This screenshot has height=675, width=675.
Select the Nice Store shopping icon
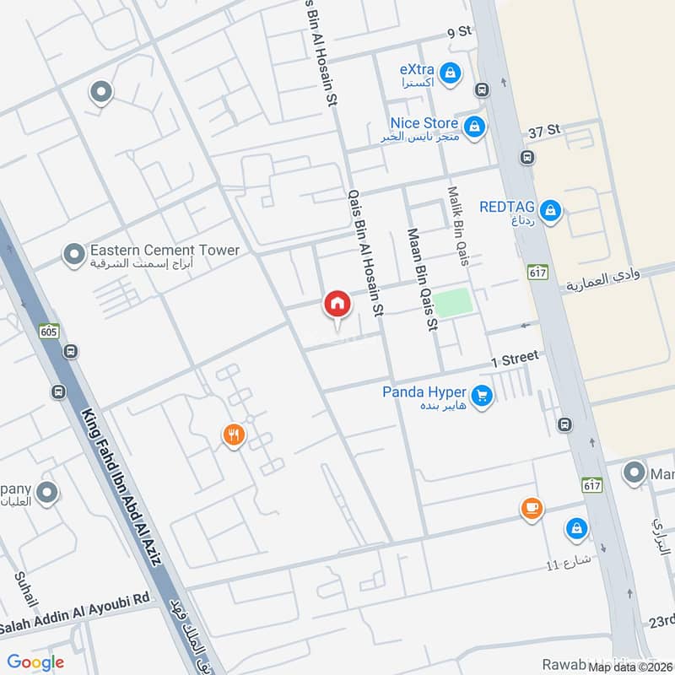pyautogui.click(x=475, y=127)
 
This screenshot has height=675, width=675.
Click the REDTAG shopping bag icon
pyautogui.click(x=550, y=209)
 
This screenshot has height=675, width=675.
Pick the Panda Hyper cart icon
pyautogui.click(x=482, y=395)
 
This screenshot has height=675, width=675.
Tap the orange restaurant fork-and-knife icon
pyautogui.click(x=234, y=435)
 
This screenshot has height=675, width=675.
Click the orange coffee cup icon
pyautogui.click(x=531, y=508)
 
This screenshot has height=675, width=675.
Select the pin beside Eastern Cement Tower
pyautogui.click(x=74, y=252)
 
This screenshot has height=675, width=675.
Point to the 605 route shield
pyautogui.click(x=49, y=332)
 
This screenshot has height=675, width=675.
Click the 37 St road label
pyautogui.click(x=544, y=131)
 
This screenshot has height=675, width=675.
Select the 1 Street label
pyautogui.click(x=515, y=359)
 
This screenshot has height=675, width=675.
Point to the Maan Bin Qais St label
pyautogui.click(x=423, y=278)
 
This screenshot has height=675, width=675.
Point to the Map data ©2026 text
pyautogui.click(x=629, y=667)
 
